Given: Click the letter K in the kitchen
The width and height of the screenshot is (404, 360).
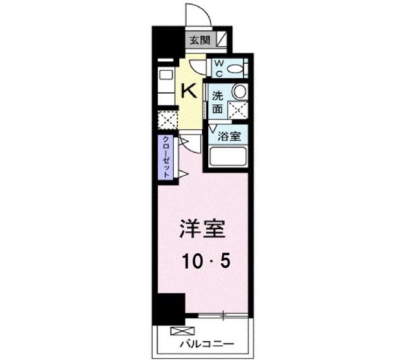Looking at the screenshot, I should (189, 90).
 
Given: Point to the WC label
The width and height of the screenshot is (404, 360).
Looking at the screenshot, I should (218, 67).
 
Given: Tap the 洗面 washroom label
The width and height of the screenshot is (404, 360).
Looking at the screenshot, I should (217, 102).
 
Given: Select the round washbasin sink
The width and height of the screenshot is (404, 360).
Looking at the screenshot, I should (239, 91).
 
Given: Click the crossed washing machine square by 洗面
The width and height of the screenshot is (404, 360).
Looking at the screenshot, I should (238, 110).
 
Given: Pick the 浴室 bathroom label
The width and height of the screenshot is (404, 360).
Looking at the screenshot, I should (229, 135).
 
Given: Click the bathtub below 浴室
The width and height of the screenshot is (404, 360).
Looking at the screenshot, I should (227, 157).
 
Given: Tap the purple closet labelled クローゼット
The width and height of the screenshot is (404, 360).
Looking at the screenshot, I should (166, 157).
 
